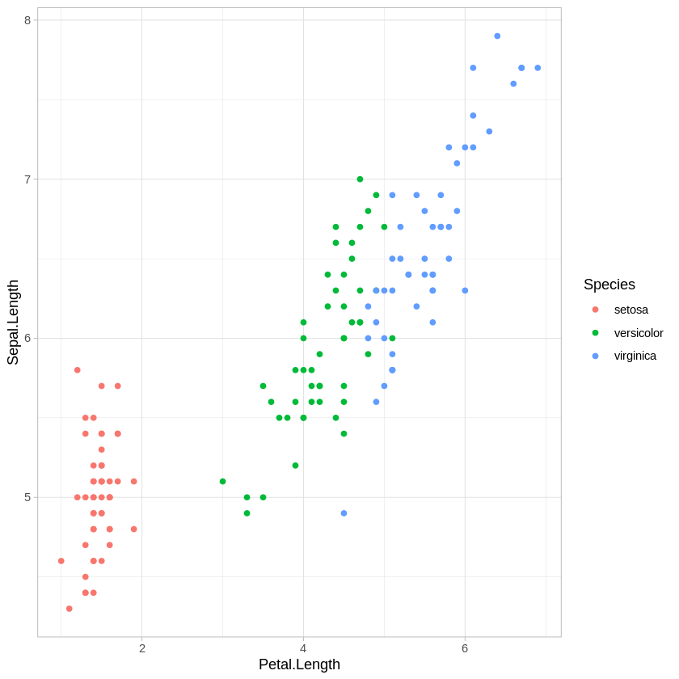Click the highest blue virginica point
[x=497, y=36]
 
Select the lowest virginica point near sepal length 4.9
[x=344, y=513]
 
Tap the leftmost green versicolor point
[x=222, y=482]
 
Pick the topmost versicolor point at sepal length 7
[x=360, y=179]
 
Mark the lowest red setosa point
[x=69, y=609]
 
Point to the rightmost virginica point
[x=538, y=68]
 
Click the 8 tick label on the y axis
[x=27, y=20]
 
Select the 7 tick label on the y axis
[x=27, y=179]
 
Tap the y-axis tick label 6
[x=27, y=338]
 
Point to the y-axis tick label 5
[x=27, y=497]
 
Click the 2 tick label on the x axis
[x=142, y=648]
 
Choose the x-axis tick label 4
[x=303, y=648]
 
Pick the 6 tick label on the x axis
[x=465, y=648]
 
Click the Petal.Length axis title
[x=299, y=664]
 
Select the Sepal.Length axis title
[x=13, y=323]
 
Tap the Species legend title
[x=609, y=285]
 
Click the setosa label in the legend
[x=630, y=310]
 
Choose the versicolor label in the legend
[x=638, y=333]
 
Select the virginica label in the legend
[x=635, y=356]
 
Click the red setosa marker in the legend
[x=596, y=310]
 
